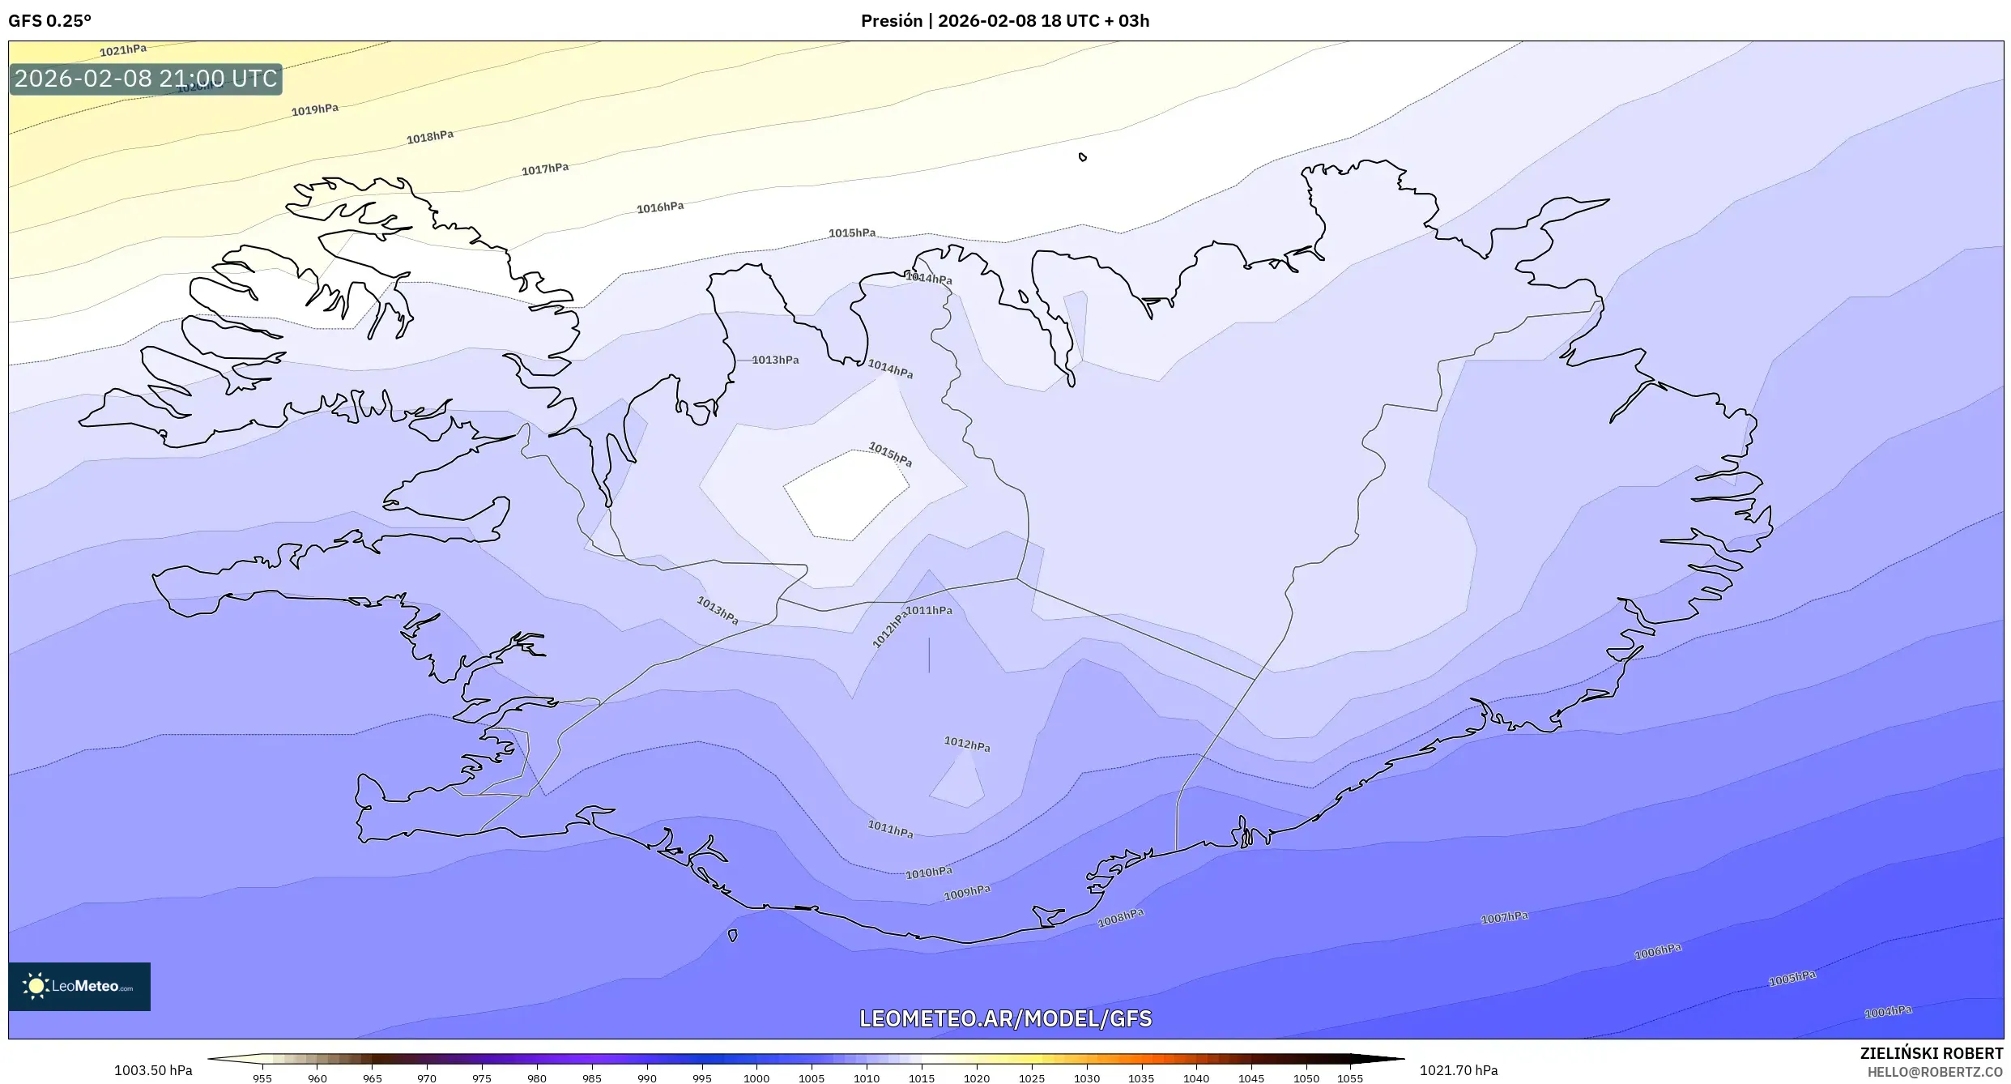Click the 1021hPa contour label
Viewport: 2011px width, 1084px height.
point(123,50)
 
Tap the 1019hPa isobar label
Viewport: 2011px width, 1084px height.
point(315,109)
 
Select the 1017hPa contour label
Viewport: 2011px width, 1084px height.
point(545,169)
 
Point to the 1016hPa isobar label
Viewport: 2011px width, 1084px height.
point(660,207)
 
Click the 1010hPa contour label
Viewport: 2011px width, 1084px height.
point(929,873)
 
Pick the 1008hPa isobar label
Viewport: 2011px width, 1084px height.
point(1121,918)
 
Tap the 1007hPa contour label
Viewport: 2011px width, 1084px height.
point(1504,917)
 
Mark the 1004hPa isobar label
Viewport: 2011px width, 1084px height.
point(1888,1012)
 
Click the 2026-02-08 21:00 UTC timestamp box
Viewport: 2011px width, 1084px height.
point(146,79)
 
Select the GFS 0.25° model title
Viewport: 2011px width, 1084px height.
point(49,21)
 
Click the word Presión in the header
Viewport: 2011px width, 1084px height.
point(891,21)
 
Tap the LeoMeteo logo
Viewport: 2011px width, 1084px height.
point(79,986)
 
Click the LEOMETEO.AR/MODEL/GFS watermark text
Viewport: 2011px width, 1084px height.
point(1005,1018)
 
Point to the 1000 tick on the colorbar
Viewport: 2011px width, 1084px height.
point(756,1078)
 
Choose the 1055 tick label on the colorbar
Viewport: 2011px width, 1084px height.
point(1350,1078)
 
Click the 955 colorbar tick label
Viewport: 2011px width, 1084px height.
point(262,1078)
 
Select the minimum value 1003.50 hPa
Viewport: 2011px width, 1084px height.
point(153,1070)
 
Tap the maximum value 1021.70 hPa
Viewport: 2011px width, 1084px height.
point(1459,1070)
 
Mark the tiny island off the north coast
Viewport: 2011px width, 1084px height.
point(1083,157)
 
